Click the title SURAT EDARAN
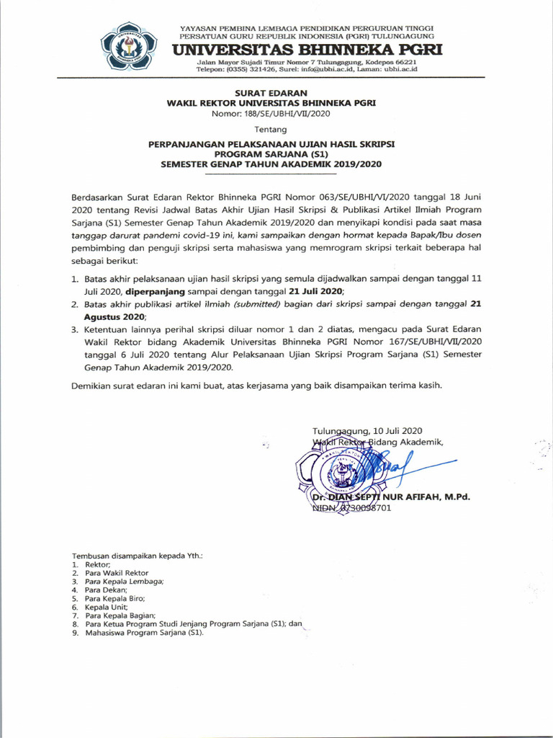coord(271,93)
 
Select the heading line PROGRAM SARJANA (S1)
coord(271,154)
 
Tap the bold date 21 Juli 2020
coord(313,291)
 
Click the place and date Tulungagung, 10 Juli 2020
coord(367,430)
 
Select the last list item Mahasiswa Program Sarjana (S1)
coord(145,633)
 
